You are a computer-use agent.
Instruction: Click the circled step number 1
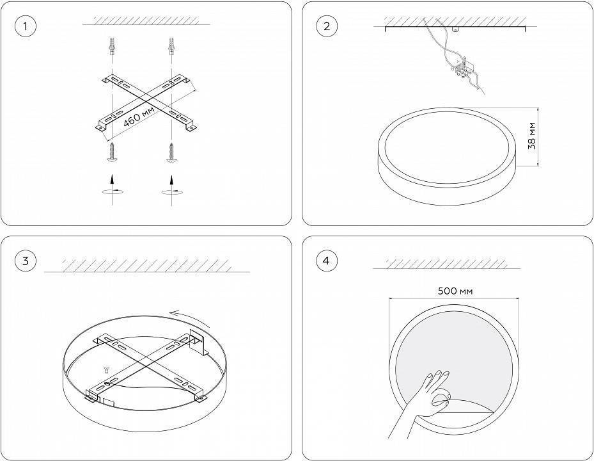[26, 26]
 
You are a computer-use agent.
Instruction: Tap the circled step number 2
[327, 26]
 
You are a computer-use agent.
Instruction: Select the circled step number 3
[26, 261]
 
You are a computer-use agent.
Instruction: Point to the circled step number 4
[326, 261]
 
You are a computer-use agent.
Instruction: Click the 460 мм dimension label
[139, 116]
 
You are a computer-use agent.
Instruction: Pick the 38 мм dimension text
[532, 136]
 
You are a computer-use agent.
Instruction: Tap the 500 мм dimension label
[455, 291]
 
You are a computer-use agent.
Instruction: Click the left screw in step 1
[113, 152]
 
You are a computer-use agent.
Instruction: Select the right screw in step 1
[172, 152]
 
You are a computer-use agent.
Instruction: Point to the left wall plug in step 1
[112, 45]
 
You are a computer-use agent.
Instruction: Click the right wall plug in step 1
[171, 45]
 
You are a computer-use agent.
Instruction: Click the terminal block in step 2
[462, 69]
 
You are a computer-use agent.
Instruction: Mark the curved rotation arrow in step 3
[190, 319]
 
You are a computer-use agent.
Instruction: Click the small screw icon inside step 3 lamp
[106, 370]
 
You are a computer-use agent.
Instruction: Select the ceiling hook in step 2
[456, 29]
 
